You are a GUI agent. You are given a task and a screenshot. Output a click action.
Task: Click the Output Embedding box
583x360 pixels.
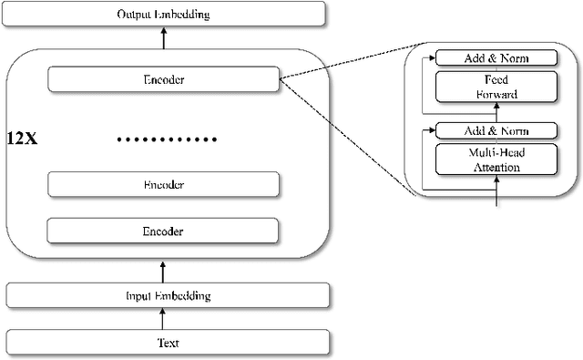click(x=164, y=14)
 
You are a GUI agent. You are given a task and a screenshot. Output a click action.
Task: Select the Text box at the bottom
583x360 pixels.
click(x=164, y=343)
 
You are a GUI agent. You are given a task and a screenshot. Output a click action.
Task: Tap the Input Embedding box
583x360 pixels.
click(x=164, y=295)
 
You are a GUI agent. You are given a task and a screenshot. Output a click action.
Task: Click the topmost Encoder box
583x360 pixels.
click(x=164, y=79)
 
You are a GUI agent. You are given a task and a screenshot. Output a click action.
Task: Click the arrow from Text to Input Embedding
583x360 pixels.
click(x=164, y=318)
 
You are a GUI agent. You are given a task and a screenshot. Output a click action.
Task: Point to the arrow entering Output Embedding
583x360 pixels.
click(x=164, y=37)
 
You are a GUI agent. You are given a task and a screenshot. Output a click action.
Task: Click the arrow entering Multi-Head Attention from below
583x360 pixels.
click(x=496, y=191)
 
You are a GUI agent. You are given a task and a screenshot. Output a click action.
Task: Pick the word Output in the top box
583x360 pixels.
click(x=136, y=14)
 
